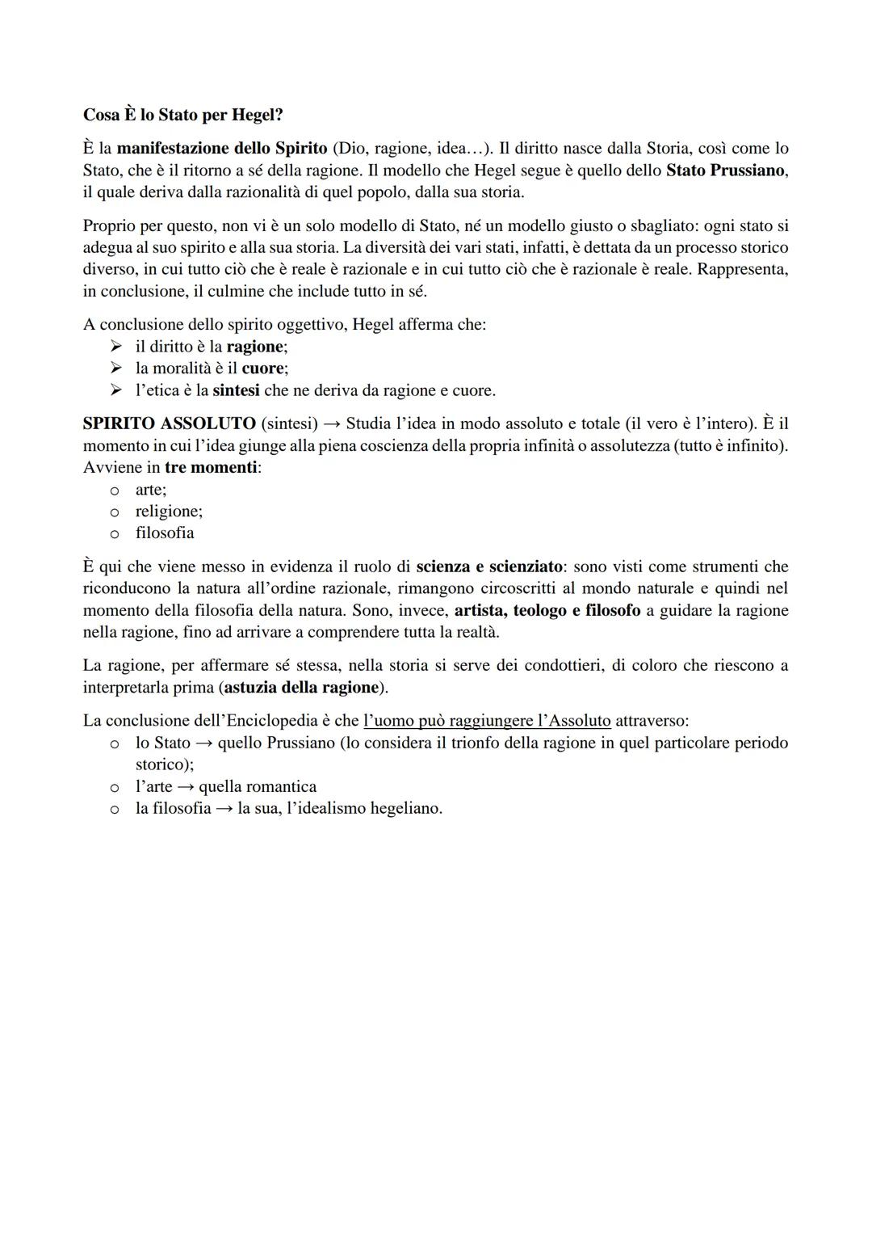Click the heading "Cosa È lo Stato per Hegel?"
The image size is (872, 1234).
pyautogui.click(x=182, y=115)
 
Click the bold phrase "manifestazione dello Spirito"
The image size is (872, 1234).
pyautogui.click(x=221, y=149)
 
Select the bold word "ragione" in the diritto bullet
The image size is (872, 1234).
pyautogui.click(x=255, y=347)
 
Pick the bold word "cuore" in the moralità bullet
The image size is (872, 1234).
pyautogui.click(x=262, y=369)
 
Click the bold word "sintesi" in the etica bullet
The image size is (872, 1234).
pyautogui.click(x=236, y=390)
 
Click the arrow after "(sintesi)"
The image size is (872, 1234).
pyautogui.click(x=331, y=424)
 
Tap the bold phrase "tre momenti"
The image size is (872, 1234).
pyautogui.click(x=211, y=468)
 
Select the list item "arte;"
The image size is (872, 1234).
pyautogui.click(x=150, y=490)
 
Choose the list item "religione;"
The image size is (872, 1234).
pyautogui.click(x=169, y=512)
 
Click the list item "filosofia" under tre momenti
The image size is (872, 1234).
pyautogui.click(x=165, y=533)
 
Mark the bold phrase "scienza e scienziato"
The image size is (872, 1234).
pyautogui.click(x=489, y=566)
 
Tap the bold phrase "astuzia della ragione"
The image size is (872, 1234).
pyautogui.click(x=301, y=688)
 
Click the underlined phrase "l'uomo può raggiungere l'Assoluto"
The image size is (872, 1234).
pyautogui.click(x=487, y=721)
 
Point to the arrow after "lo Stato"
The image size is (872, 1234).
pyautogui.click(x=204, y=743)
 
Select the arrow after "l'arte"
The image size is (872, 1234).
pyautogui.click(x=186, y=787)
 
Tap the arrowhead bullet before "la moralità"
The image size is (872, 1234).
pyautogui.click(x=117, y=369)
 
